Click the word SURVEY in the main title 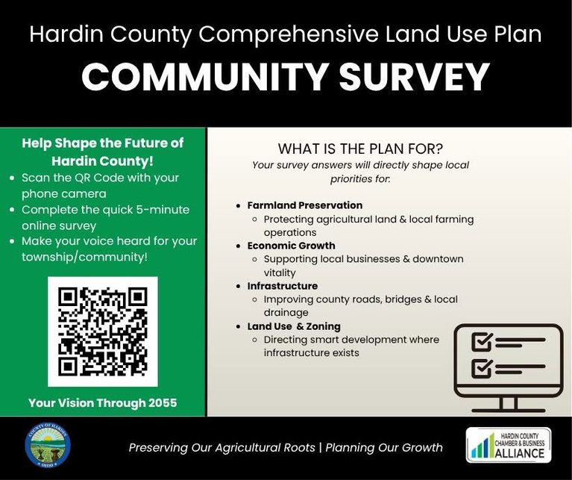coord(414,78)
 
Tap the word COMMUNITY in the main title coord(204,78)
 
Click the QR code coord(103,331)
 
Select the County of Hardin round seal coord(48,446)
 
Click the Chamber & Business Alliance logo coord(509,446)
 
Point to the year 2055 coord(163,403)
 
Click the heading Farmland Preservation coord(305,205)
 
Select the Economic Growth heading coord(291,246)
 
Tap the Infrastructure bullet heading coord(283,286)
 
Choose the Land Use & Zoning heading coord(294,326)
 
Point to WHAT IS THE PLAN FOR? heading coord(360,149)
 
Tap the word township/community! coord(84,257)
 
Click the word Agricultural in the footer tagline coord(265,447)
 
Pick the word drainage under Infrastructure coord(286,313)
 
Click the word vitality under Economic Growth coord(280,272)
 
